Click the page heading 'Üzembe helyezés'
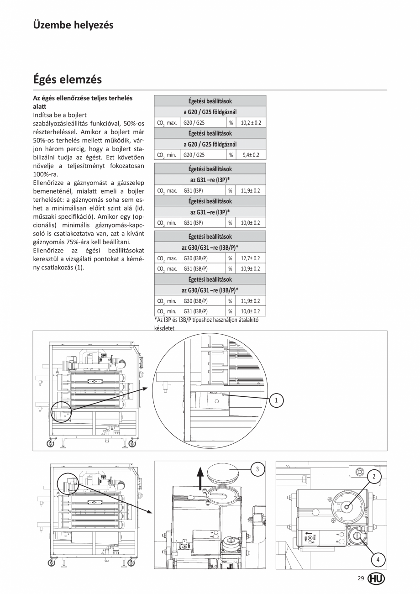pyautogui.click(x=73, y=25)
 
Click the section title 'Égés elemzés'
pyautogui.click(x=67, y=79)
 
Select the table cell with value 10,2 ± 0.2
pyautogui.click(x=250, y=123)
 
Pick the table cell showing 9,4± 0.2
pyautogui.click(x=250, y=155)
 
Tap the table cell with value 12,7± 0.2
pyautogui.click(x=250, y=258)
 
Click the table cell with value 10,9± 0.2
pyautogui.click(x=250, y=269)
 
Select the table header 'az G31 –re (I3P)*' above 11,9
pyautogui.click(x=210, y=180)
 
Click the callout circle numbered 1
pyautogui.click(x=276, y=400)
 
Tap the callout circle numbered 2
pyautogui.click(x=374, y=477)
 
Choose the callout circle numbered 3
pyautogui.click(x=258, y=469)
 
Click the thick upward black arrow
pyautogui.click(x=199, y=478)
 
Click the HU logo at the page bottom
pyautogui.click(x=376, y=578)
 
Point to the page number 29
pyautogui.click(x=361, y=578)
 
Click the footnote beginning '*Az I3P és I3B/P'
pyautogui.click(x=206, y=323)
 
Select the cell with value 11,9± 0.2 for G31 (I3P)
pyautogui.click(x=250, y=190)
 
